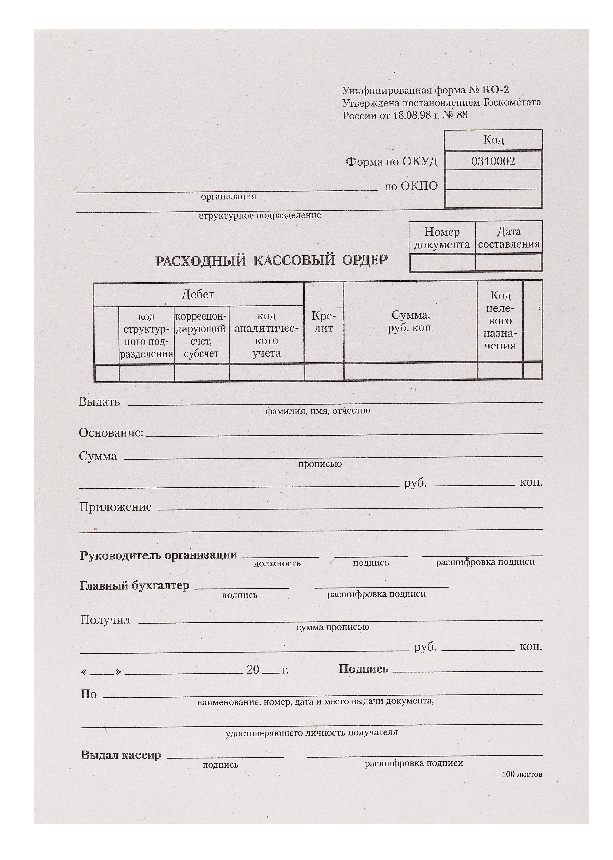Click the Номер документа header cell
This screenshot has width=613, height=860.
pos(442,238)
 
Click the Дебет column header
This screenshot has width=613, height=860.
pos(198,294)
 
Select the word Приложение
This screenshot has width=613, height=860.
pos(116,507)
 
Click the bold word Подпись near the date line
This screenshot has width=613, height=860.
pos(363,669)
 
